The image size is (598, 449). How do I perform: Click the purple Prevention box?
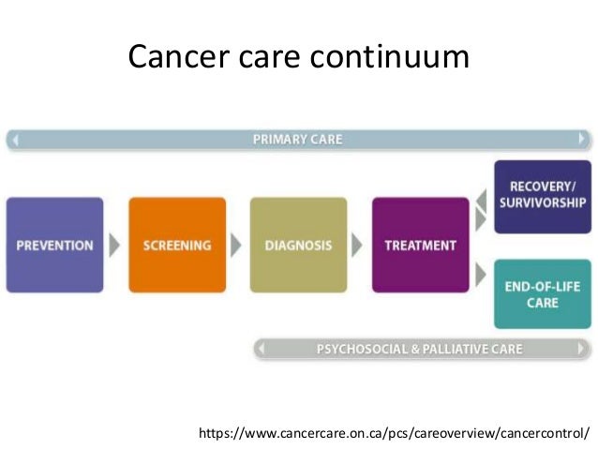(x=55, y=246)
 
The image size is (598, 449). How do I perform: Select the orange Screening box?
(x=177, y=246)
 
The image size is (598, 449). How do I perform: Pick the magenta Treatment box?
(x=420, y=246)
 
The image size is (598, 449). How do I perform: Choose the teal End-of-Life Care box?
(x=542, y=294)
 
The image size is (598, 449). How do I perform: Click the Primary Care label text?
(x=298, y=140)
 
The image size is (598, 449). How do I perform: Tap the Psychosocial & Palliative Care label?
(x=419, y=350)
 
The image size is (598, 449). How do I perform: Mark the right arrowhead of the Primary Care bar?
(x=583, y=140)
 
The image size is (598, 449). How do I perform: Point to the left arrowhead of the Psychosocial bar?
(x=262, y=350)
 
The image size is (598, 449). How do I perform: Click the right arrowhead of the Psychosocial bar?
(x=583, y=350)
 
